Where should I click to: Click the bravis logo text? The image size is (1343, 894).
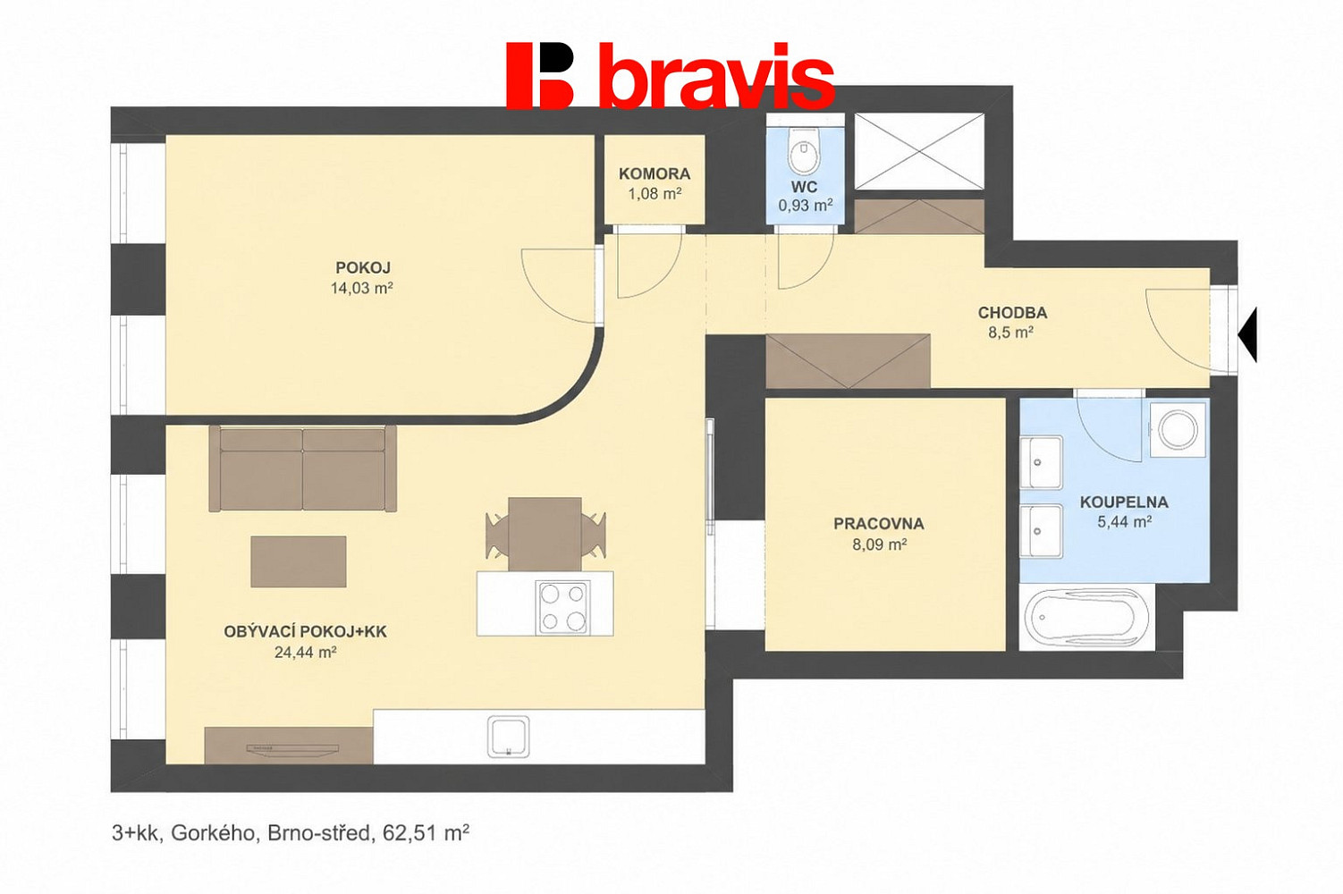[716, 77]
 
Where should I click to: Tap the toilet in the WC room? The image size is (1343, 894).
[805, 150]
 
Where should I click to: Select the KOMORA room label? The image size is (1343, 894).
[655, 174]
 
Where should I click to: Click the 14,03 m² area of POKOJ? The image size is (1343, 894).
[361, 289]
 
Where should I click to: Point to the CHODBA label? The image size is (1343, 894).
[1013, 312]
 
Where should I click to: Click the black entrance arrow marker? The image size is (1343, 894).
[1247, 334]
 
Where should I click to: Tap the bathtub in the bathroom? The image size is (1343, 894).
[1085, 618]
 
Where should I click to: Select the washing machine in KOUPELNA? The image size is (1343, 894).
[1177, 429]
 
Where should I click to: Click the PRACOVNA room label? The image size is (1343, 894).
[878, 524]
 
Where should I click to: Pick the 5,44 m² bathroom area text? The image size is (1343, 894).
[1124, 522]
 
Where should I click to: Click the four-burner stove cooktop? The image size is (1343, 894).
[563, 608]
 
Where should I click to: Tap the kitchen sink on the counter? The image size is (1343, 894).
[508, 737]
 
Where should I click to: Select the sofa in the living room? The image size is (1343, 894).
[303, 468]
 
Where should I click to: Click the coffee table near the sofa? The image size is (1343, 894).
[299, 561]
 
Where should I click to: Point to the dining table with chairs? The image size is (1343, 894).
[545, 534]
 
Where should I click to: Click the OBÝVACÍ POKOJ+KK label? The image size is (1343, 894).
[305, 631]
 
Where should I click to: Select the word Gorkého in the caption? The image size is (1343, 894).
[214, 833]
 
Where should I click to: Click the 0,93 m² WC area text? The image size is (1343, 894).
[806, 205]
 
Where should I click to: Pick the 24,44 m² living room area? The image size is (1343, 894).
[305, 653]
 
